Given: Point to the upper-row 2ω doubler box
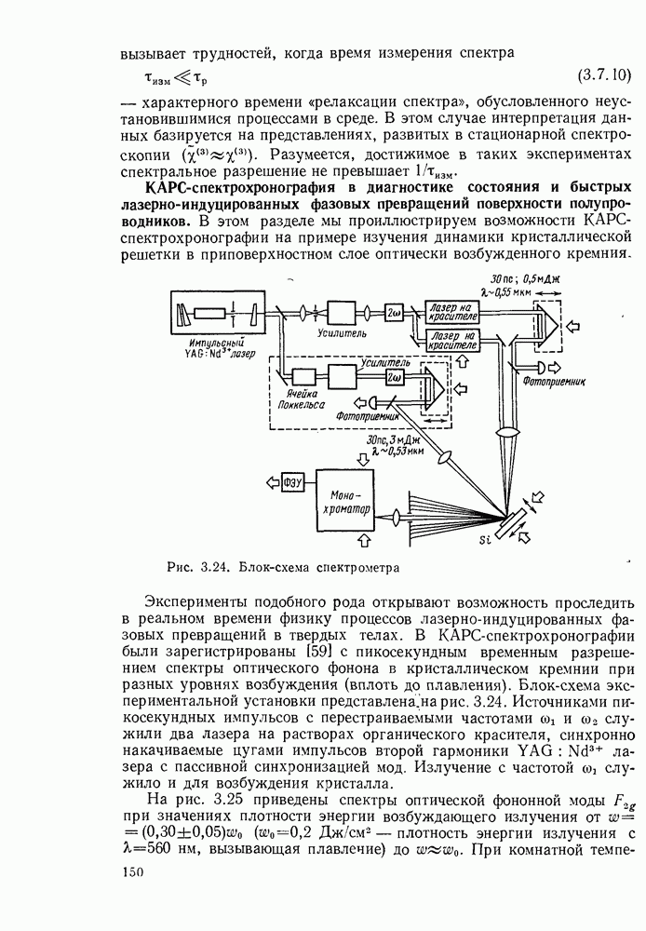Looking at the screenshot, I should coord(394,311).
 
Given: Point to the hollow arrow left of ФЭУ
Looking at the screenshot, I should coord(270,481).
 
